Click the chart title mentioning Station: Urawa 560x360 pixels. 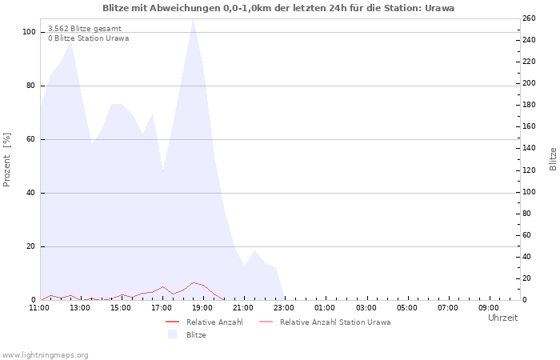pos(278,8)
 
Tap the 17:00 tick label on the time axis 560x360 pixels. pos(162,308)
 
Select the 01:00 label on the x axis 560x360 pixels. pos(325,308)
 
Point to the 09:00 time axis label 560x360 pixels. pos(489,308)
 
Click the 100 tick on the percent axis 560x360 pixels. pos(29,32)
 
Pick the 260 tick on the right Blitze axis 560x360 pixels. pos(529,18)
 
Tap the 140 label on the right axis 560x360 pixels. pos(529,148)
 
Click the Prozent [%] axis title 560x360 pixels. pos(6,160)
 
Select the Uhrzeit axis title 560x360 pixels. pos(502,318)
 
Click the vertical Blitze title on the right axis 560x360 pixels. pos(553,159)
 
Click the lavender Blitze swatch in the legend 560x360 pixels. pos(173,334)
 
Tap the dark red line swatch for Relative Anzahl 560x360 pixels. pos(173,322)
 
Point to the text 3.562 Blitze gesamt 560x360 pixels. pos(85,29)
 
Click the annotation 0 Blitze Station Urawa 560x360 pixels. pos(89,38)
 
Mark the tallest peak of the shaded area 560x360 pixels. pos(194,19)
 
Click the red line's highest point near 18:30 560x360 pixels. pos(194,282)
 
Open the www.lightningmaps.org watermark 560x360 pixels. pos(45,355)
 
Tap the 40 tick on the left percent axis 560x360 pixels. pos(31,193)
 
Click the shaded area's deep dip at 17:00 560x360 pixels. pos(163,170)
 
